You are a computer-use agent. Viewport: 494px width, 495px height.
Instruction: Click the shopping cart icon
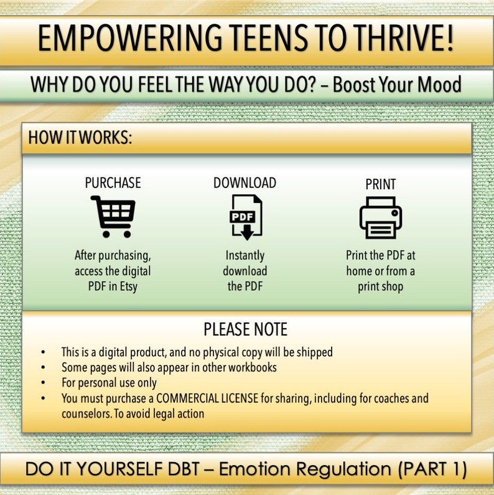click(113, 217)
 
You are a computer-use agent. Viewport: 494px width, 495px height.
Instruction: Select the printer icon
click(380, 218)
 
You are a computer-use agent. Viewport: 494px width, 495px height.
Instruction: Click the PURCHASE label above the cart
click(113, 183)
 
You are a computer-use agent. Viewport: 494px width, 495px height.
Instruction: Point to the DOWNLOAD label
click(245, 183)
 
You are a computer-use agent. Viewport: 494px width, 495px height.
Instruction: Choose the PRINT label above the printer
click(380, 184)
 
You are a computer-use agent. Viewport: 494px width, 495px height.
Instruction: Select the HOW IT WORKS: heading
click(80, 138)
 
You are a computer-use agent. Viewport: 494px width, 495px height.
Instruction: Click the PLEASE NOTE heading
click(246, 329)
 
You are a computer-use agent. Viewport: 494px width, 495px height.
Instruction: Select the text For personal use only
click(109, 382)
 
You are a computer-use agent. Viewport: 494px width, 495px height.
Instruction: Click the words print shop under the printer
click(380, 287)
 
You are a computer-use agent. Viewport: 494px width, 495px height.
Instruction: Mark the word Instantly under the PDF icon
click(245, 255)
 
